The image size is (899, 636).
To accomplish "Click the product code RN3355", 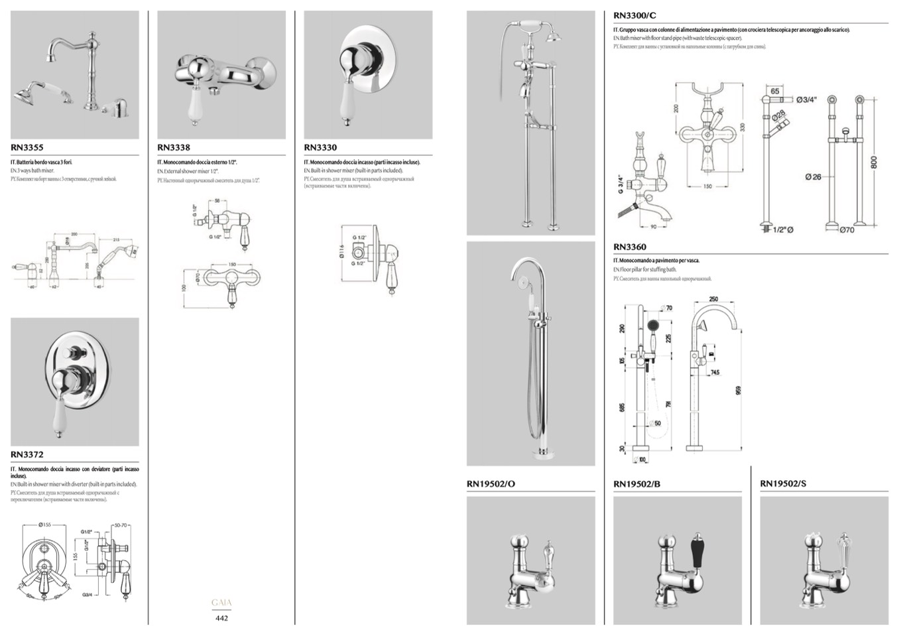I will click(27, 148).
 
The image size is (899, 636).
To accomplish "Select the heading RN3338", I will click(174, 148).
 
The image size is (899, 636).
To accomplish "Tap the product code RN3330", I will click(320, 148).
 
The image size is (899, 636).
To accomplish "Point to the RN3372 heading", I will click(27, 455).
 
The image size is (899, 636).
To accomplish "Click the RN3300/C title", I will click(635, 15).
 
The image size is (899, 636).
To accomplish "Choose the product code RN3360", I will click(630, 247).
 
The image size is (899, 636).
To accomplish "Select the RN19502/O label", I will click(491, 484).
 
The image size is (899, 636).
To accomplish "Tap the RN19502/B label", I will click(636, 484).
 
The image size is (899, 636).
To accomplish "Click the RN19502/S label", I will click(783, 484).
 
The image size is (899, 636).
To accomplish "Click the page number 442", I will click(221, 618).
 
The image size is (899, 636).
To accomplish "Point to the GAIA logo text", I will click(221, 603).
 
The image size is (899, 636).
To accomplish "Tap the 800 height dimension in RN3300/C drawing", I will click(874, 162).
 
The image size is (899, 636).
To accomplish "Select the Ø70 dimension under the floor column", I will click(847, 230).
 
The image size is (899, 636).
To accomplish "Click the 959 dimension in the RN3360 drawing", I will click(739, 391).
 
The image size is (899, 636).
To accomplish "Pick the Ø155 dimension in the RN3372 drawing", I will click(45, 525).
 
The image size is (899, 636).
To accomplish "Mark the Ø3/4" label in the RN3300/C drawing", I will click(806, 99).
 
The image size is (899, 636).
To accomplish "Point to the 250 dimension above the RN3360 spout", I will click(713, 299).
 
